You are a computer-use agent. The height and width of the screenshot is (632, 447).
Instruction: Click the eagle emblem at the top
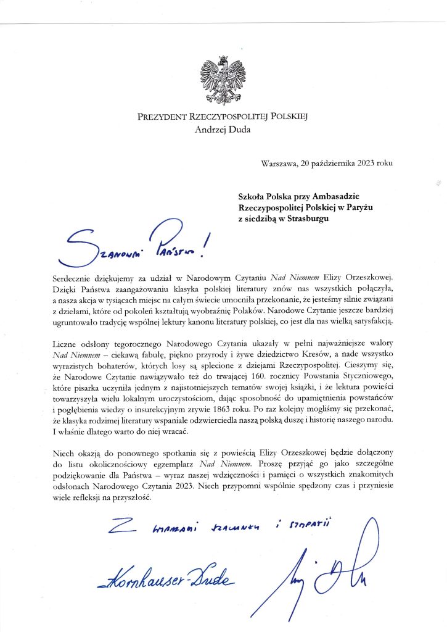point(223,81)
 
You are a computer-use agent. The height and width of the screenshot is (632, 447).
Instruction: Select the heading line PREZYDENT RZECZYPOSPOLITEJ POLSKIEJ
point(223,117)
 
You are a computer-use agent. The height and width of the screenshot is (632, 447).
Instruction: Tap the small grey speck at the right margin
point(438,183)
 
